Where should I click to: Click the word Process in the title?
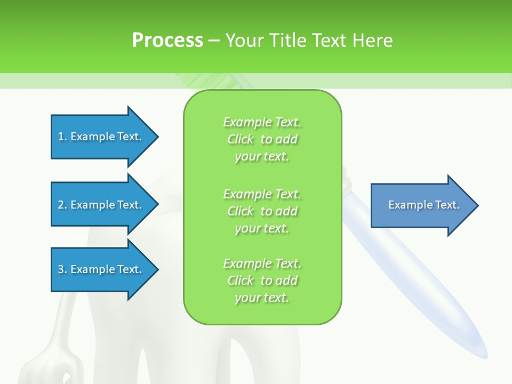coord(167,40)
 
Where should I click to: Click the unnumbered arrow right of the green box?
coord(421,205)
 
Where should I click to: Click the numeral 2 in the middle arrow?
coord(61,205)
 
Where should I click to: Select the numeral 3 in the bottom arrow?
coord(61,269)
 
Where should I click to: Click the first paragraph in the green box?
coord(262,139)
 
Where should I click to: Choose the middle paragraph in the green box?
coord(262,211)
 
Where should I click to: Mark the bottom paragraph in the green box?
coord(262,281)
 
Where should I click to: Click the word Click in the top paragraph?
coord(241,139)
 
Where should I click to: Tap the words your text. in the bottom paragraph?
coord(262,298)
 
